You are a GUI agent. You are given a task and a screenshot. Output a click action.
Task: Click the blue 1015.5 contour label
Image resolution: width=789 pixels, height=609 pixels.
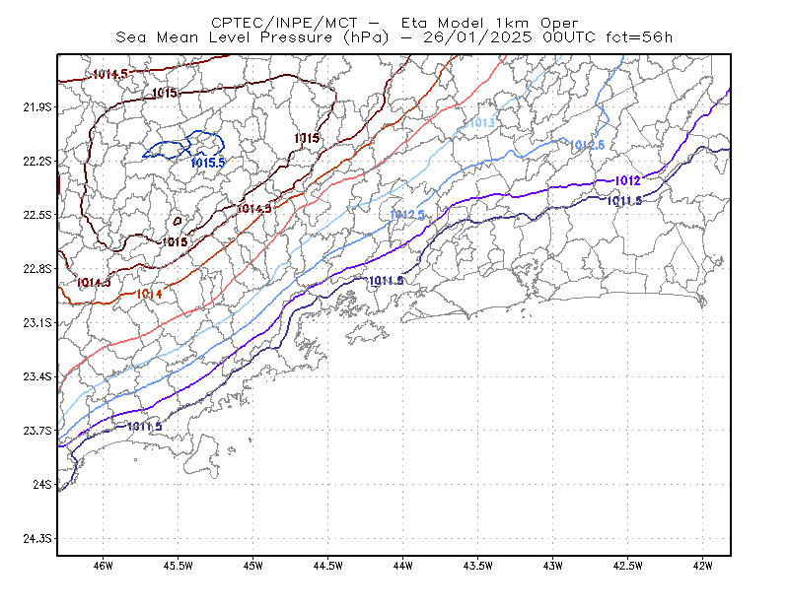[x=208, y=163]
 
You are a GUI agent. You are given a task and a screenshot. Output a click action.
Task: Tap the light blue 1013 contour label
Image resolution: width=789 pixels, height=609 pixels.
[x=482, y=123]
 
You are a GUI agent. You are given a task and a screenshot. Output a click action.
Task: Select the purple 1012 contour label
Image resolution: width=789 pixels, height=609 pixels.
[x=628, y=180]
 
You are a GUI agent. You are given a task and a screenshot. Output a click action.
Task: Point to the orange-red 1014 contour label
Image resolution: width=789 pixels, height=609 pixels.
[x=150, y=294]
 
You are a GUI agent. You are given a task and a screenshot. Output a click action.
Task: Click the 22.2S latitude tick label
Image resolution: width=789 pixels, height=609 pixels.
[x=37, y=162]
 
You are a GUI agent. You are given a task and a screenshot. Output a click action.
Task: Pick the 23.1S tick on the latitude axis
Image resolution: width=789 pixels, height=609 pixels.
[x=37, y=323]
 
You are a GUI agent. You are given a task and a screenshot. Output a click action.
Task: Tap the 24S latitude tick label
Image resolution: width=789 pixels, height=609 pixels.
[x=42, y=484]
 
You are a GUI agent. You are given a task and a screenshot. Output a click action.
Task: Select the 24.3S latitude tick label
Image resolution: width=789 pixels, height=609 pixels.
[x=37, y=539]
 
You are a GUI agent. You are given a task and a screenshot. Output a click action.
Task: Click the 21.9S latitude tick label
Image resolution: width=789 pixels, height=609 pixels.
[x=37, y=107]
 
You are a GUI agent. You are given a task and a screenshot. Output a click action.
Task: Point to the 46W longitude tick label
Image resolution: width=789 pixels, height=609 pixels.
[x=104, y=566]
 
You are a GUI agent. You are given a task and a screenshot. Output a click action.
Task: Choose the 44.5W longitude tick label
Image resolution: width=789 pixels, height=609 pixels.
[x=328, y=566]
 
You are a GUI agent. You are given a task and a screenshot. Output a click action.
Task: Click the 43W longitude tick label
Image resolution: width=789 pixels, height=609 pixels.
[x=553, y=566]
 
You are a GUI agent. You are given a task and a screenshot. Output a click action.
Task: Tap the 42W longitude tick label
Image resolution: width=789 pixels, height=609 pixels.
[x=703, y=566]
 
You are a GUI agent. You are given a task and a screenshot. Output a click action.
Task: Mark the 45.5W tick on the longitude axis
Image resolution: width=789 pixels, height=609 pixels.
[x=179, y=566]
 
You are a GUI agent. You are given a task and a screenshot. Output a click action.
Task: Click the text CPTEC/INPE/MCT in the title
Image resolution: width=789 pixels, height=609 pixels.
[x=284, y=23]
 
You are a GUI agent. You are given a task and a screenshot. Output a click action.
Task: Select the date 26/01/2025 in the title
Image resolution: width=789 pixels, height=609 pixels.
[x=477, y=37]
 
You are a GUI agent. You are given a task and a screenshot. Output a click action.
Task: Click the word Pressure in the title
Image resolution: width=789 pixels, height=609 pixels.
[x=297, y=37]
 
